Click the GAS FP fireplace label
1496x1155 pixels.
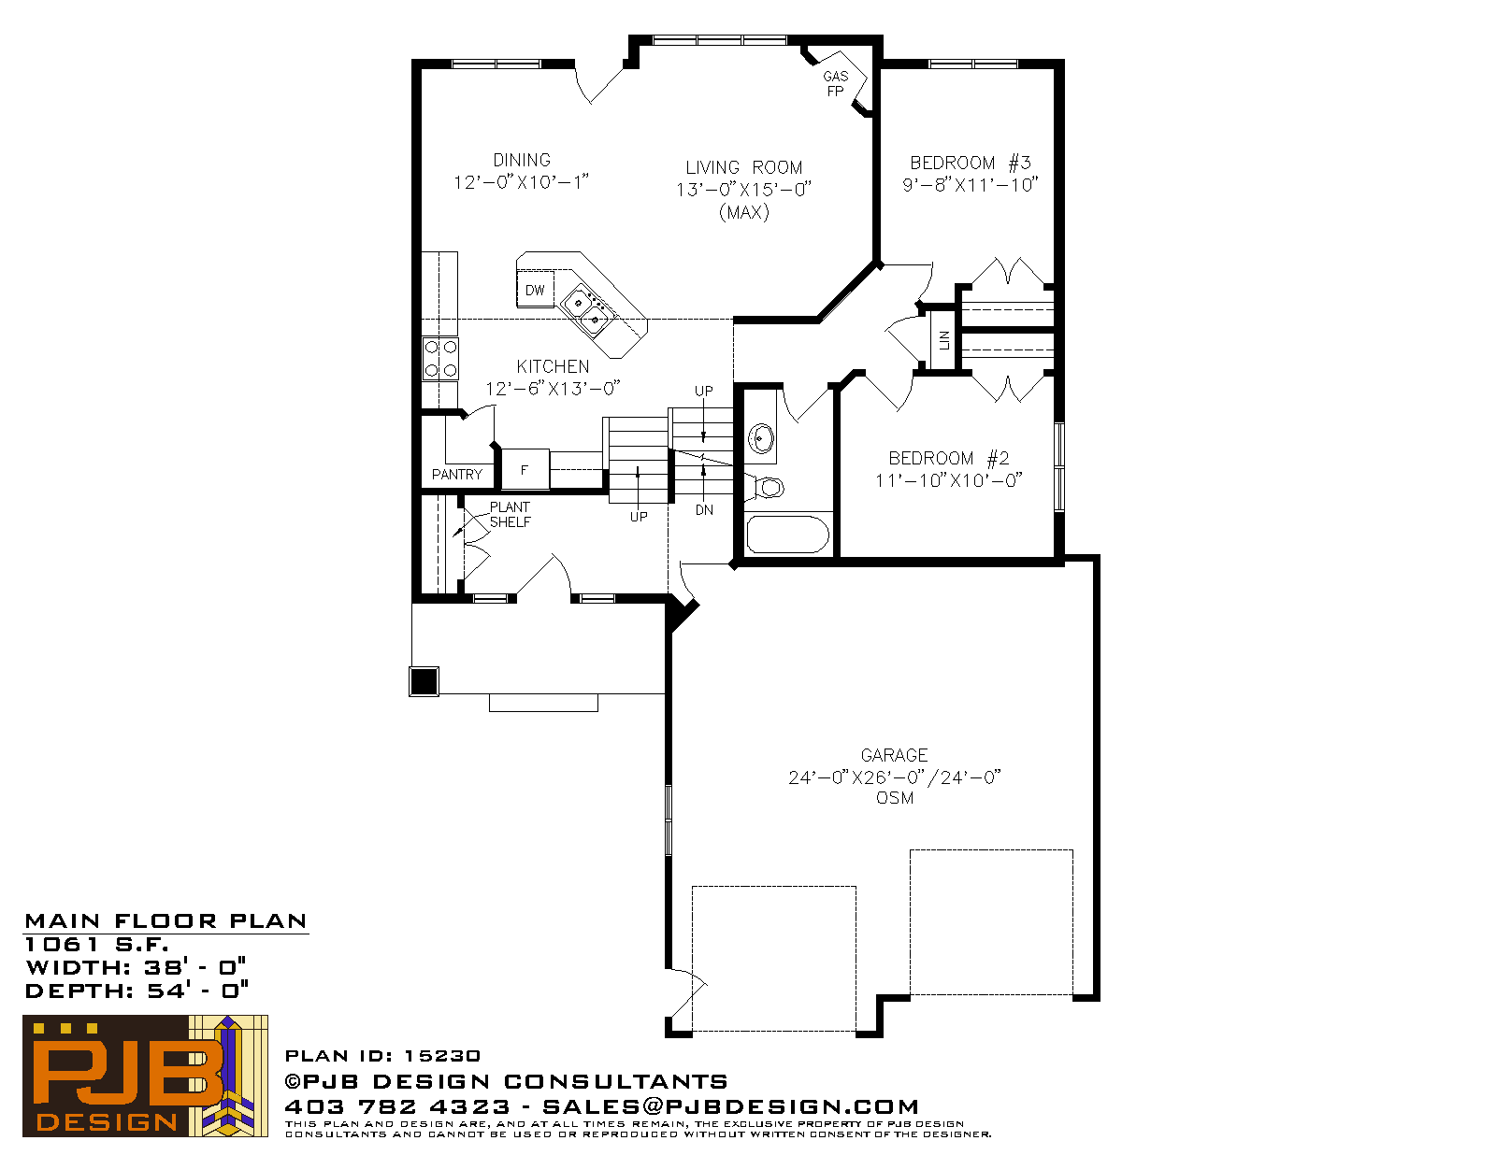click(x=835, y=83)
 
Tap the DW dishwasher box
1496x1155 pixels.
click(x=535, y=290)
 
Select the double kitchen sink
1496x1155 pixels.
click(x=586, y=311)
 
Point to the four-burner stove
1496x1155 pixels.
click(x=440, y=359)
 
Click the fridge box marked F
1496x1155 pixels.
click(x=525, y=470)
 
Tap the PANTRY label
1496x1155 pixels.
click(x=456, y=475)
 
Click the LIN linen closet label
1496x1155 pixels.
click(x=943, y=340)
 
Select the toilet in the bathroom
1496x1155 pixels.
click(x=766, y=488)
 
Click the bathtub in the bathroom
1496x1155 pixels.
click(x=787, y=534)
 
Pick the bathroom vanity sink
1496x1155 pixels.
click(x=761, y=437)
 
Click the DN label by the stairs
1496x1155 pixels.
click(x=704, y=510)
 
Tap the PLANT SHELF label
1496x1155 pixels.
click(x=510, y=515)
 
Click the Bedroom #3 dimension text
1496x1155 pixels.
click(x=970, y=185)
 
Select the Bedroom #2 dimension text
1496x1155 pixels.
click(x=948, y=480)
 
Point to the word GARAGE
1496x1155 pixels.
click(x=894, y=755)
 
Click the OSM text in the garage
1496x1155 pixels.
click(x=894, y=798)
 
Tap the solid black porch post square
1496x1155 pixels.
click(x=424, y=682)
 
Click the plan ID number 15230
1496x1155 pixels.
click(x=442, y=1056)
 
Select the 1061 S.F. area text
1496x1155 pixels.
click(x=97, y=944)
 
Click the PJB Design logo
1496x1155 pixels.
click(x=145, y=1076)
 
